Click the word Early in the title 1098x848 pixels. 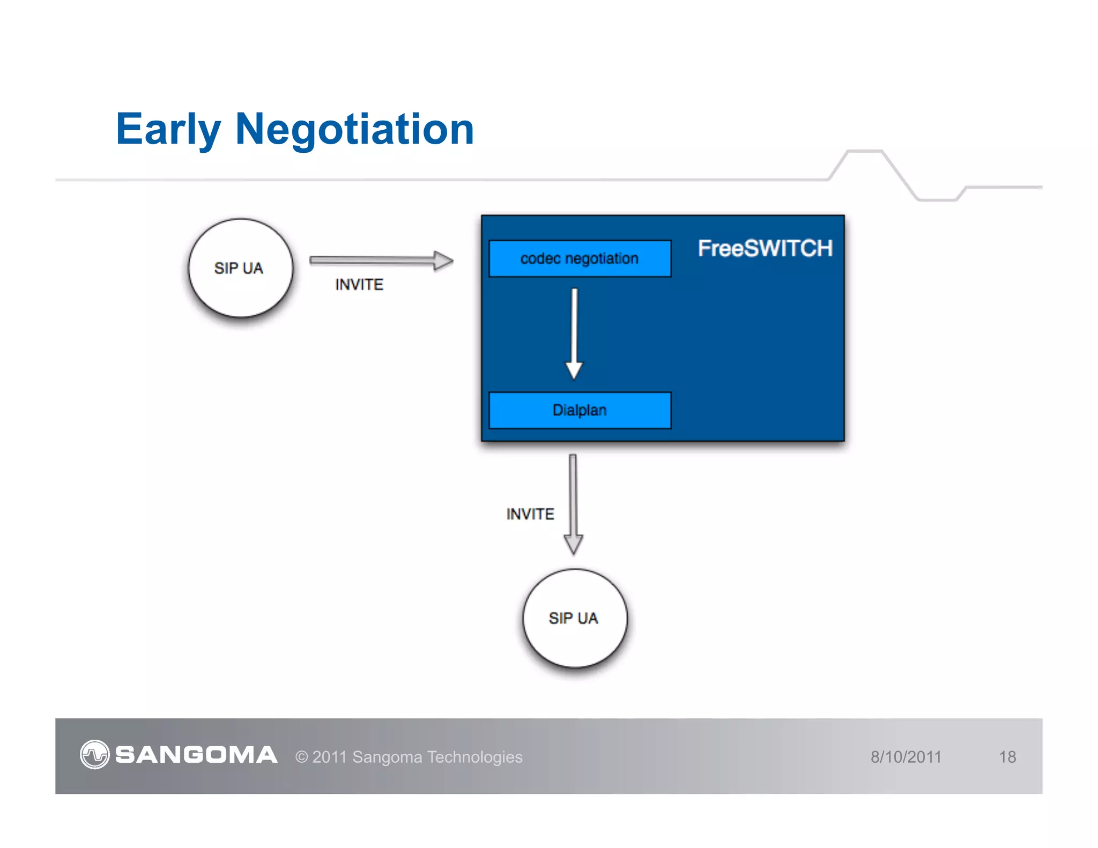coord(168,129)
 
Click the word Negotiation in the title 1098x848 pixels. coord(354,129)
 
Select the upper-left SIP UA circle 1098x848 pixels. coord(240,268)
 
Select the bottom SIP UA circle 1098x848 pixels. coord(575,618)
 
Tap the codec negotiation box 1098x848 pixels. coord(580,258)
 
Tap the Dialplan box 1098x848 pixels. coord(580,410)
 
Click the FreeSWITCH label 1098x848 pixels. coord(765,249)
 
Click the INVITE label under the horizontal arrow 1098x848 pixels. coord(359,285)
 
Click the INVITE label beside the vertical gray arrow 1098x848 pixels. coord(530,514)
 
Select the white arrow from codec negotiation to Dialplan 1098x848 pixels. coord(574,332)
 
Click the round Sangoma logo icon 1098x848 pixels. coord(95,755)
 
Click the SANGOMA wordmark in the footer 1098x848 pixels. coord(196,755)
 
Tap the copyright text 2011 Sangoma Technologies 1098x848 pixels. coord(409,757)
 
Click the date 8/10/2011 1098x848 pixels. coord(906,757)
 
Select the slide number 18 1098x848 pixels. coord(1007,757)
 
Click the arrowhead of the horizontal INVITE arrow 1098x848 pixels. coord(443,261)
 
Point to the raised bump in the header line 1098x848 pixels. coord(864,152)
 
